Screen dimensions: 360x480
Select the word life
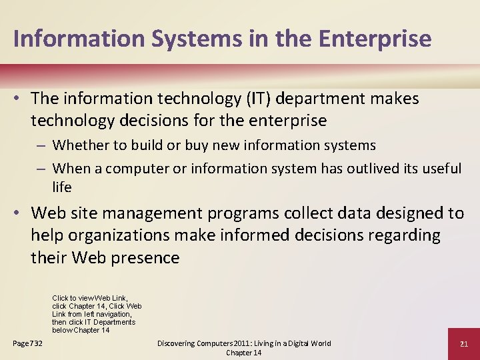(x=62, y=187)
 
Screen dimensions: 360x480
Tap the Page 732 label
(x=28, y=343)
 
